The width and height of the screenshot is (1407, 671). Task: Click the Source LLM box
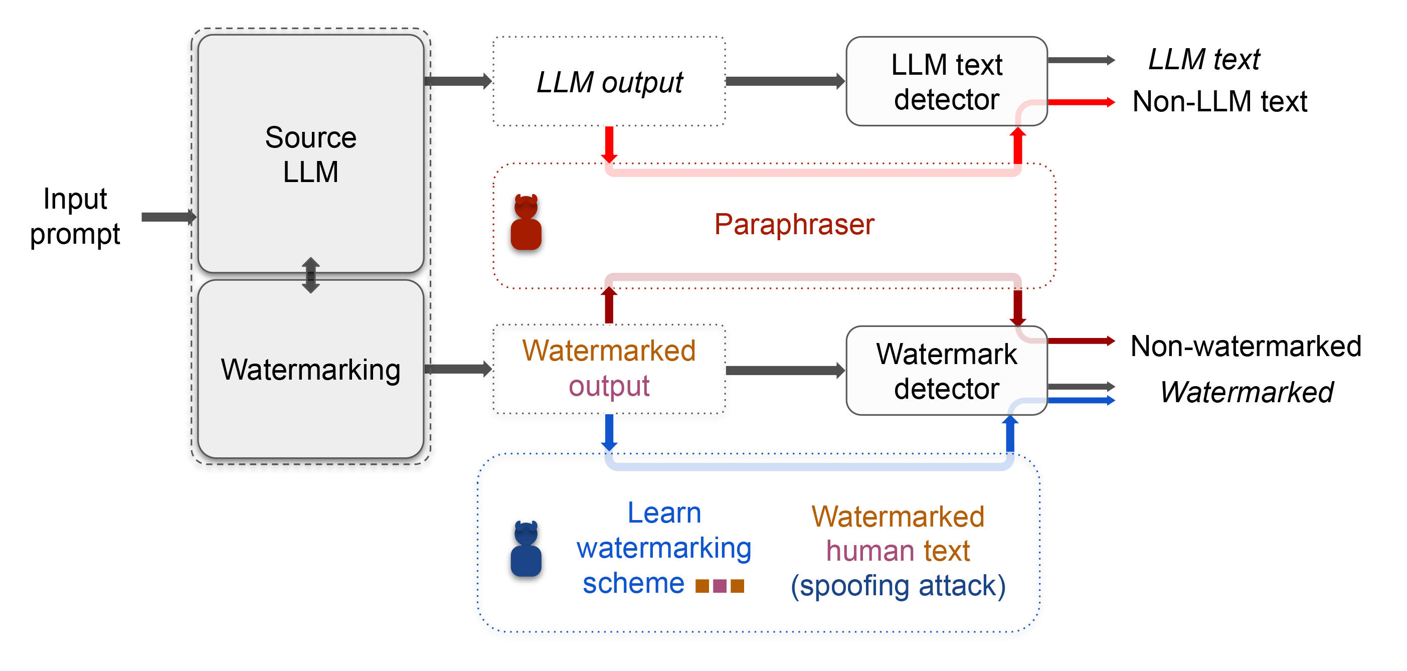[x=310, y=153]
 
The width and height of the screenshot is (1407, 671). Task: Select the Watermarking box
[x=310, y=370]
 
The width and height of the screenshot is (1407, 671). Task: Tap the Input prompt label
[x=75, y=216]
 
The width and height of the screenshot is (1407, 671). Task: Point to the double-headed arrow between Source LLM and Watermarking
[x=311, y=275]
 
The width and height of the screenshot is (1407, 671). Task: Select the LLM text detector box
[x=946, y=81]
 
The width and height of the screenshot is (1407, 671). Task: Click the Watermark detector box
[x=946, y=371]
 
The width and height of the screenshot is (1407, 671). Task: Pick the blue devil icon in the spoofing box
[x=526, y=549]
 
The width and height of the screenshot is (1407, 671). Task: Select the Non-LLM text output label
[x=1219, y=102]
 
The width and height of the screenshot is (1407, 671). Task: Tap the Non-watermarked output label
[x=1246, y=346]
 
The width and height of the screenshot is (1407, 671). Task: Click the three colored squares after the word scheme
[x=720, y=586]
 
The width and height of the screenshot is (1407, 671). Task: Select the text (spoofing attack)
[x=898, y=586]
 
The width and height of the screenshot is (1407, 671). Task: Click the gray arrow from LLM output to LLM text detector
[x=784, y=81]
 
